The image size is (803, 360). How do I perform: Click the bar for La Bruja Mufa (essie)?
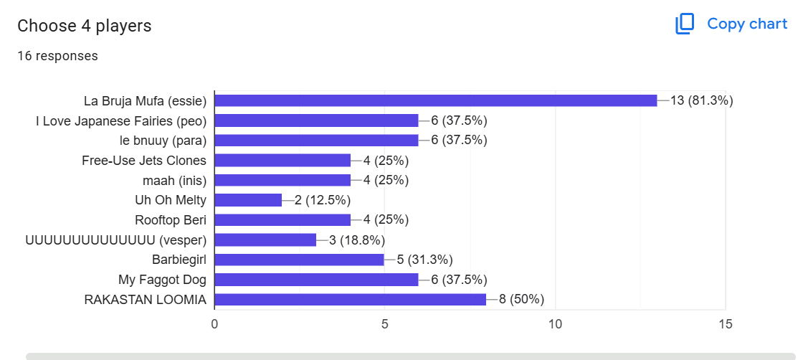coord(436,101)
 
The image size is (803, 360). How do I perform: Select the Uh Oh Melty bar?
coord(248,200)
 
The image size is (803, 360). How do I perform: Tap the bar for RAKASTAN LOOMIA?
coord(351,300)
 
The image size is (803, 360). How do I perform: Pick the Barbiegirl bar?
coord(300,260)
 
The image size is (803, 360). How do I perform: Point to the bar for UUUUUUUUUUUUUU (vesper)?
coord(265,240)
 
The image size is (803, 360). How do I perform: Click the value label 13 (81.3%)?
coord(702,101)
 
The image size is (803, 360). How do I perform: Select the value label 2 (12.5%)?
coord(322,200)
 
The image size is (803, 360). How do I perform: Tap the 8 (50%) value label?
coord(521,300)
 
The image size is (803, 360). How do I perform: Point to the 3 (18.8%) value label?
coord(356,240)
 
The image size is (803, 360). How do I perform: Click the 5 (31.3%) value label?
coord(424,260)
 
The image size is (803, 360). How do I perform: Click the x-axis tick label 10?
coord(555,325)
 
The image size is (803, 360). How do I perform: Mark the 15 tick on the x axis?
coord(725,325)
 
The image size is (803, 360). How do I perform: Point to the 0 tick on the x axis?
coord(214,325)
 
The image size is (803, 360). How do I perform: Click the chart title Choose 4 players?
coord(85,26)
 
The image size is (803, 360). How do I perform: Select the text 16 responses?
coord(57,56)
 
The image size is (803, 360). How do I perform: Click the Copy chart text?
coord(747,24)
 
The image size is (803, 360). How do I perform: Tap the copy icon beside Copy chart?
coord(685,24)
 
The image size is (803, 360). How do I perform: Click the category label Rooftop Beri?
coord(171,220)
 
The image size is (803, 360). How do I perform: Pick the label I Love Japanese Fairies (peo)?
coord(121,121)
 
